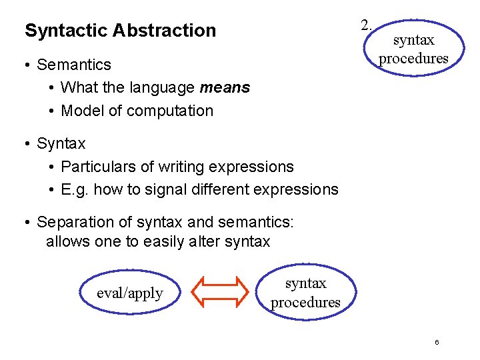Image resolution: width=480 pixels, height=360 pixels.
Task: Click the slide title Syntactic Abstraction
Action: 120,31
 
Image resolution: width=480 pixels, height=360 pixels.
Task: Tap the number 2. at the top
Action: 367,26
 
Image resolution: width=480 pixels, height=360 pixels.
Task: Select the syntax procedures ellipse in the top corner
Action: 413,49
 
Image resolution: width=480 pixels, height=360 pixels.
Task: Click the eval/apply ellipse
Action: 130,293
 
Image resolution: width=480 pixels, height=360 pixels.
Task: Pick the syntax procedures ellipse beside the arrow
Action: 305,293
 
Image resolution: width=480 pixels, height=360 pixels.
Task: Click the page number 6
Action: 437,343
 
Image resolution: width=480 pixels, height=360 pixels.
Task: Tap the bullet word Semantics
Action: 74,65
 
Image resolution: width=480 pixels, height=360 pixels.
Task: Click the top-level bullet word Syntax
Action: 61,143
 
